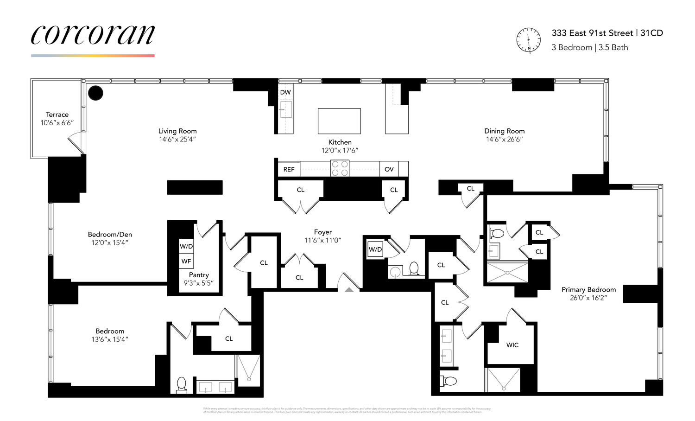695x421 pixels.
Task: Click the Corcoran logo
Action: pyautogui.click(x=93, y=35)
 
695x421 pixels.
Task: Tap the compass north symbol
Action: pyautogui.click(x=529, y=40)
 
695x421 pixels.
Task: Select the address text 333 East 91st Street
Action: pyautogui.click(x=592, y=33)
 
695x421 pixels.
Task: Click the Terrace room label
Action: pyautogui.click(x=57, y=115)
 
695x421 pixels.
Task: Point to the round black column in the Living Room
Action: pyautogui.click(x=95, y=93)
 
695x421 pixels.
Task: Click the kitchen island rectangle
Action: pyautogui.click(x=339, y=121)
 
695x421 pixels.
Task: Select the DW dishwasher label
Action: pyautogui.click(x=285, y=92)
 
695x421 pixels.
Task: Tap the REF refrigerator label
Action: pyautogui.click(x=289, y=169)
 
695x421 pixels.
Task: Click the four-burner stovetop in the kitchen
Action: pyautogui.click(x=340, y=168)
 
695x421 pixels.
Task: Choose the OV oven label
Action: pyautogui.click(x=389, y=169)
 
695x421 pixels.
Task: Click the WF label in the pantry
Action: pyautogui.click(x=186, y=262)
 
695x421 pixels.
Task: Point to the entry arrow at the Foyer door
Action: pyautogui.click(x=349, y=289)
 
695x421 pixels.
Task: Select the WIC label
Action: pyautogui.click(x=512, y=345)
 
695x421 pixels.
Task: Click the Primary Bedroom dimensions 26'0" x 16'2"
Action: pyautogui.click(x=588, y=298)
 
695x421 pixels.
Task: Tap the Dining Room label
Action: pyautogui.click(x=504, y=131)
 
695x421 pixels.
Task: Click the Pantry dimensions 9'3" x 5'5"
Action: pyautogui.click(x=199, y=283)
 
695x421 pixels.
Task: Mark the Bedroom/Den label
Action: pyautogui.click(x=110, y=235)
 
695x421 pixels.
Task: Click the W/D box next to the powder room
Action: pyautogui.click(x=375, y=249)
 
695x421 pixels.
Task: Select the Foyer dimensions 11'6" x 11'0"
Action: pyautogui.click(x=322, y=240)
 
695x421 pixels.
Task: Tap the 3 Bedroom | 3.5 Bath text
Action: pyautogui.click(x=590, y=47)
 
